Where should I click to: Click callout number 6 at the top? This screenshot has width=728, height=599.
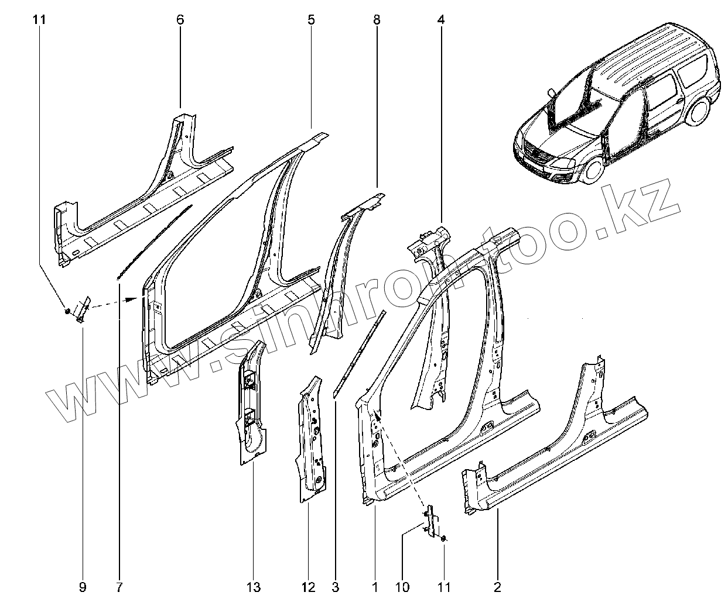tap(180, 20)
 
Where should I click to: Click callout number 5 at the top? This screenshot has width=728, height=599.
tap(311, 20)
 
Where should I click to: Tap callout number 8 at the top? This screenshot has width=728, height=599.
tap(377, 20)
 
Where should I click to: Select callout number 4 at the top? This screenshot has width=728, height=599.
tap(440, 20)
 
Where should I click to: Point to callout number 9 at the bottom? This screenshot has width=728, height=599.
tap(83, 586)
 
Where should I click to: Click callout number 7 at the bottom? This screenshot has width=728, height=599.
tap(119, 586)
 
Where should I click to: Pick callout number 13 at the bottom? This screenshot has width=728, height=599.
tap(253, 586)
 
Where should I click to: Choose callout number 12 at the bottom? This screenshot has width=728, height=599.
tap(309, 586)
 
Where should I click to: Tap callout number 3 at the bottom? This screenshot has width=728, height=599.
tap(336, 586)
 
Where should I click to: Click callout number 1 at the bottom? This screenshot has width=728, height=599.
tap(375, 586)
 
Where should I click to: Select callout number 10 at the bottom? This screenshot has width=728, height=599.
tap(403, 586)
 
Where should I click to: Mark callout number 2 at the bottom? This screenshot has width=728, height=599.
tap(498, 586)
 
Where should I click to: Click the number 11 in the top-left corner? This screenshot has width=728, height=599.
tap(39, 20)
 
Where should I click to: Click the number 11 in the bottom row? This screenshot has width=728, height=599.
tap(445, 586)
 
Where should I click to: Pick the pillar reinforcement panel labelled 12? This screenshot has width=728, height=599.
tap(310, 439)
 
